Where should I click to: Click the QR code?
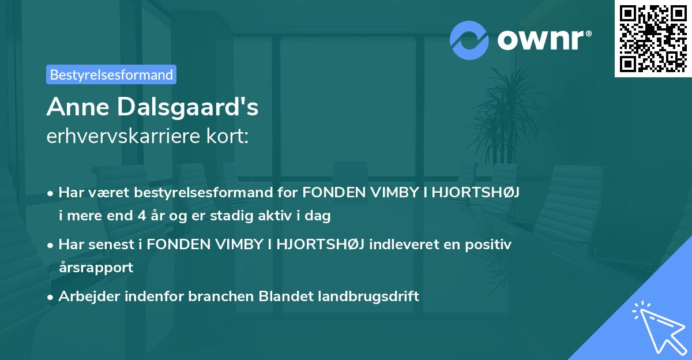pos(653,38)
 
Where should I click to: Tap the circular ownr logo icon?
pos(469,40)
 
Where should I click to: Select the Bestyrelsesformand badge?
pos(111,74)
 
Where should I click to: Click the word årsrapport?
pos(96,267)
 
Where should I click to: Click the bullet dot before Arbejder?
pos(51,297)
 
